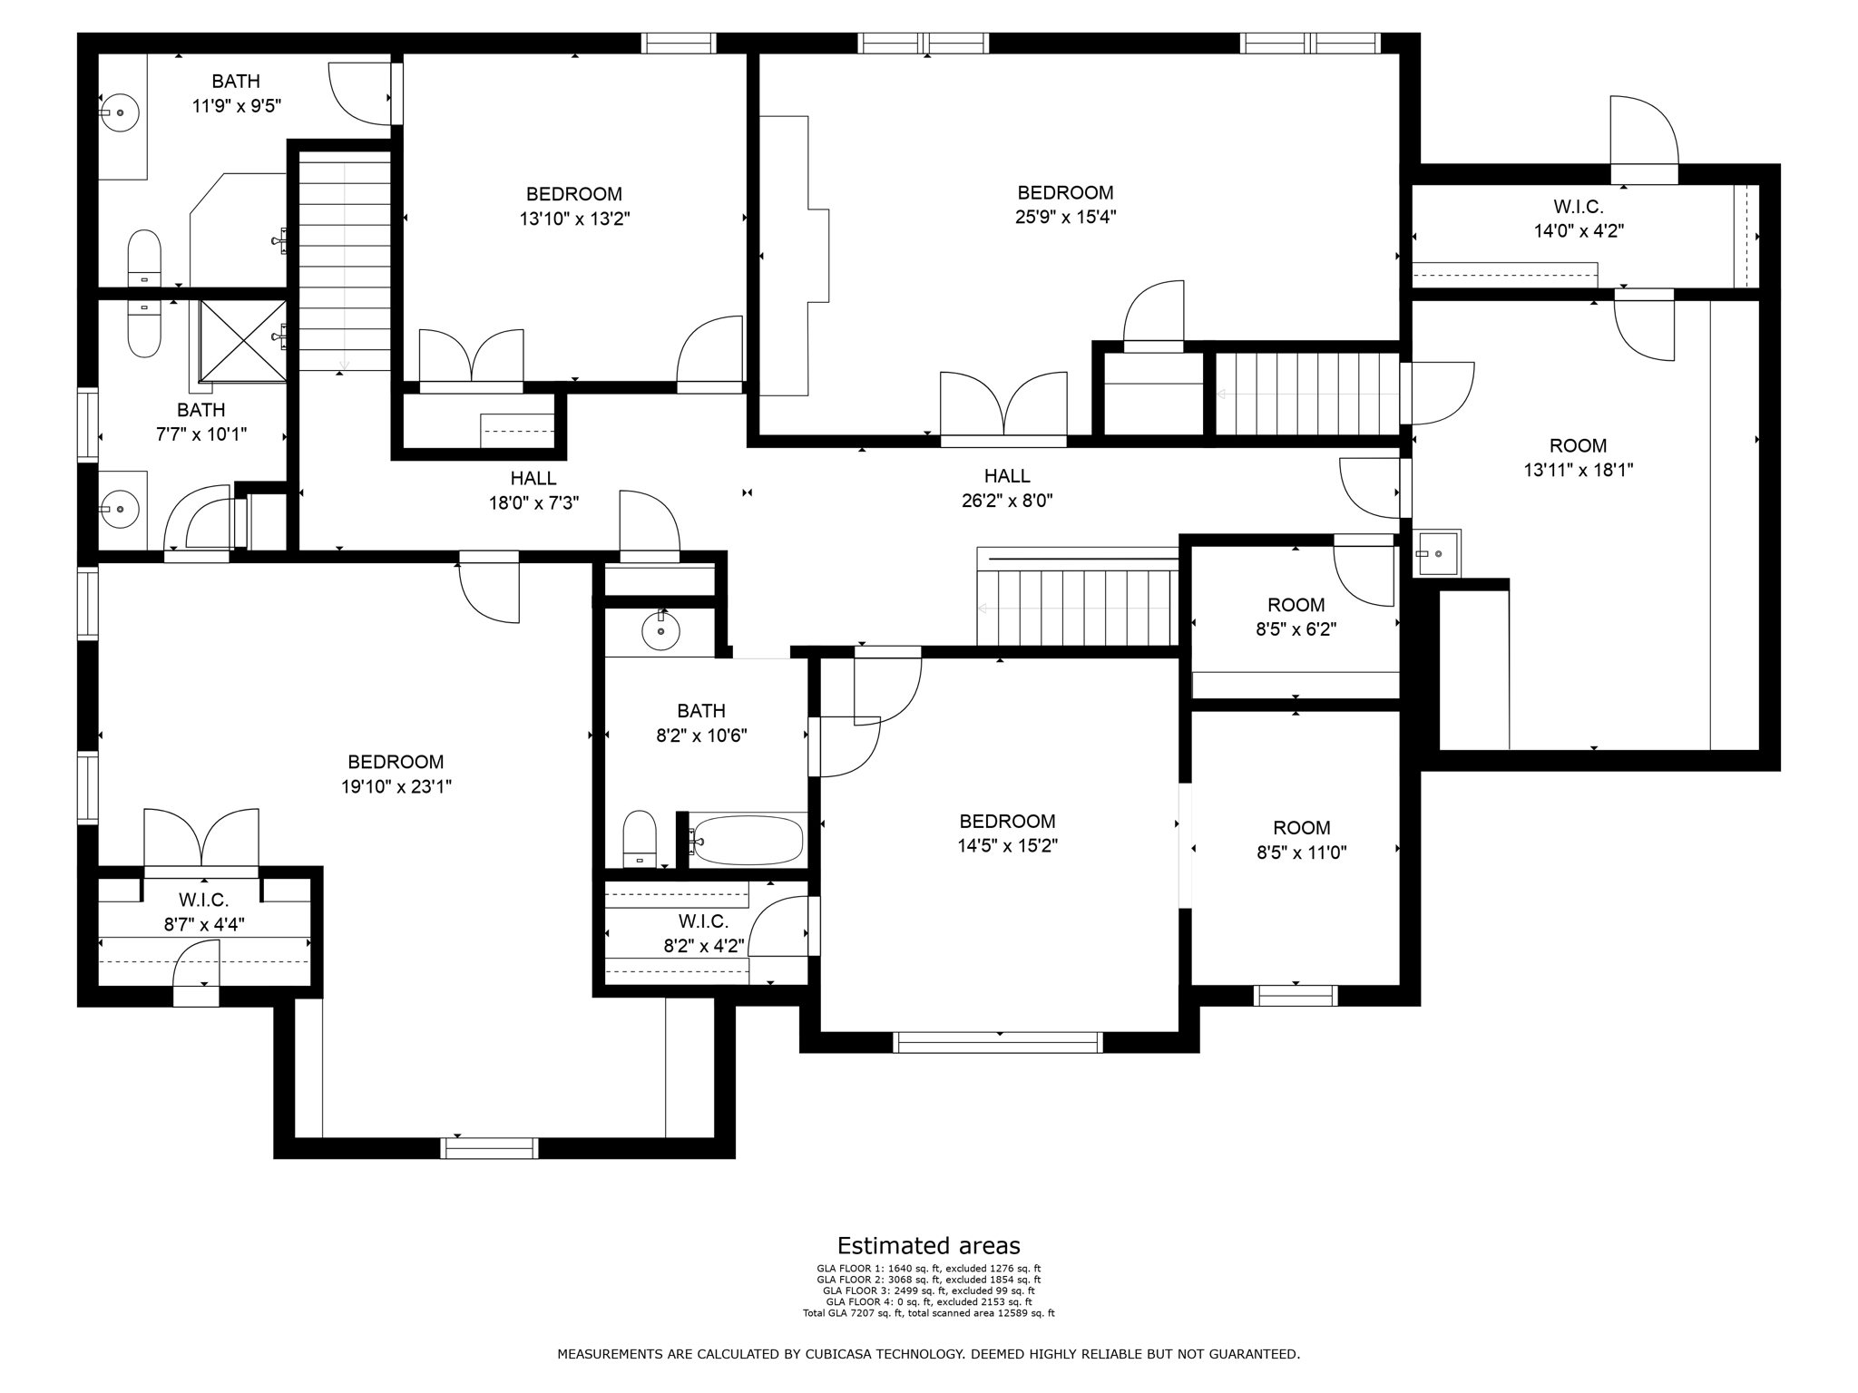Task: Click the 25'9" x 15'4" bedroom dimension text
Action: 1065,217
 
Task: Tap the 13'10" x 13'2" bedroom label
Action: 574,206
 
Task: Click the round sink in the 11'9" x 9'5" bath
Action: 118,113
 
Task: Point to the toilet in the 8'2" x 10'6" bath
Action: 640,840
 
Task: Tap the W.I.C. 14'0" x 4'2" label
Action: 1578,219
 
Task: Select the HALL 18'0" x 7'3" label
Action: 533,490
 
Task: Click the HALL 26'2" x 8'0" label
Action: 1007,488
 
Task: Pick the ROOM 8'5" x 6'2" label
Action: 1296,617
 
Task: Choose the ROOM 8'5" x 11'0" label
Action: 1302,840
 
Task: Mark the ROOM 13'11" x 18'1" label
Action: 1578,457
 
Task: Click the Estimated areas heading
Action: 928,1245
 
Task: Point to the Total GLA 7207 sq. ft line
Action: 928,1312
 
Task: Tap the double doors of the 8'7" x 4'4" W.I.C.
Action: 201,839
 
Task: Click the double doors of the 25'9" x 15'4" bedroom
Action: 1002,406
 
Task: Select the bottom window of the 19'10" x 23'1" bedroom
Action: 489,1147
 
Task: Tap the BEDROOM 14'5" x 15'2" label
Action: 1007,833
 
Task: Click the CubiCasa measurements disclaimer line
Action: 928,1354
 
